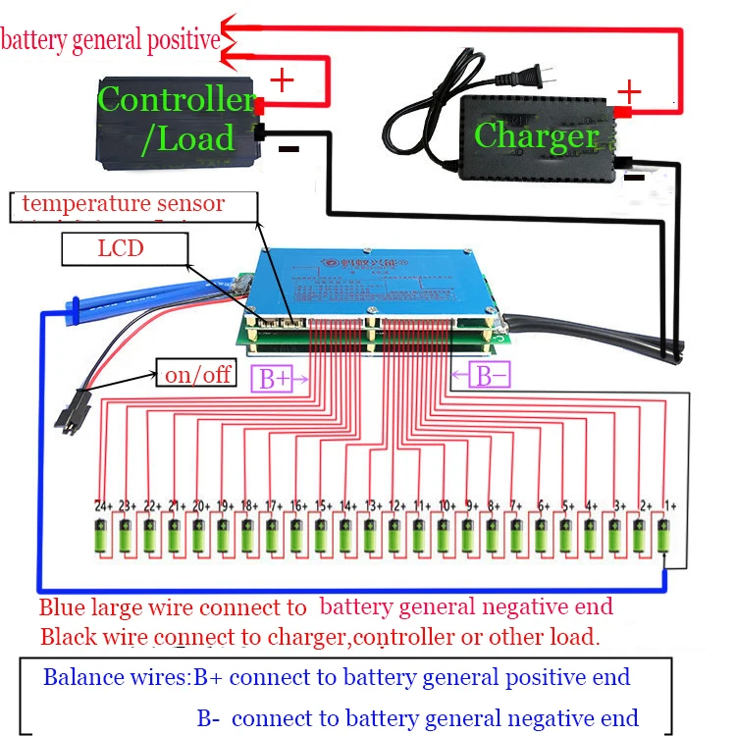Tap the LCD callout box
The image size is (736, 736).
click(x=125, y=248)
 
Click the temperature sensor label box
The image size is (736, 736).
click(x=133, y=206)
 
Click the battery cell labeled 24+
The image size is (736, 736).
click(x=101, y=537)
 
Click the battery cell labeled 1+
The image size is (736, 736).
click(x=664, y=537)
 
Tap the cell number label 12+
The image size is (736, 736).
click(x=396, y=504)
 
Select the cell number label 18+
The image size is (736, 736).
click(x=249, y=504)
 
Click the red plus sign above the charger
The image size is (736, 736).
click(x=628, y=93)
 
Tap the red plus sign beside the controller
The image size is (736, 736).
click(x=282, y=79)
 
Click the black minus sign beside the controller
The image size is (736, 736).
click(x=289, y=149)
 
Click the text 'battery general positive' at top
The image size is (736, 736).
click(x=110, y=40)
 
